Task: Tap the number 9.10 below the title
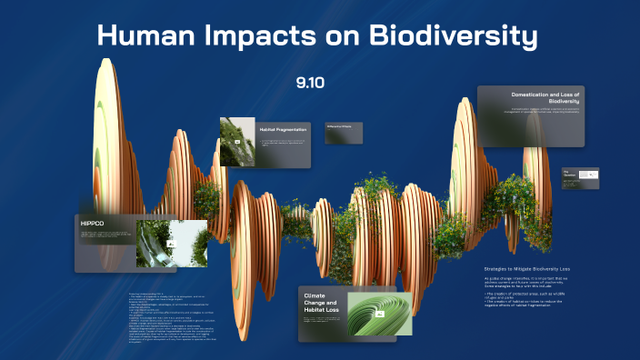coord(310,83)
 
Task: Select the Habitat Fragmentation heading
coord(280,129)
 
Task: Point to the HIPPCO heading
coord(93,223)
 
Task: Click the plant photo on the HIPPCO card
coord(171,243)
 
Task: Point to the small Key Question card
coord(579,177)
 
